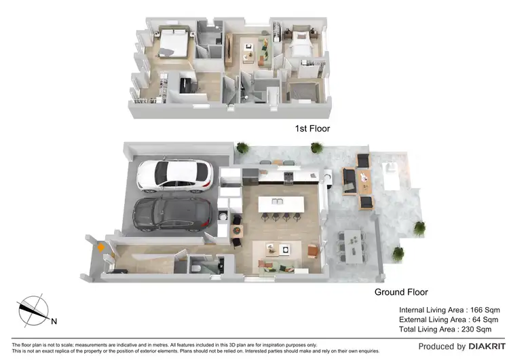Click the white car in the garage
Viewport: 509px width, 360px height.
click(175, 174)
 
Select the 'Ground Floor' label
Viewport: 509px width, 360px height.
click(401, 292)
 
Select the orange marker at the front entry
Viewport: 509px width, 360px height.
click(101, 247)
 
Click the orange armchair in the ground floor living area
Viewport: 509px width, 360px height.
click(312, 251)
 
